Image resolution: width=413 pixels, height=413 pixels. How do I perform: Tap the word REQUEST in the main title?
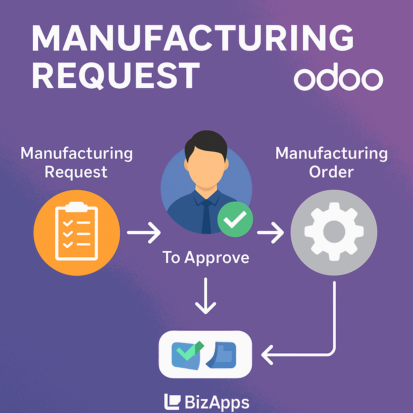pos(115,75)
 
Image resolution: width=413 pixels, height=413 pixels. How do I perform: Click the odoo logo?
pos(338,79)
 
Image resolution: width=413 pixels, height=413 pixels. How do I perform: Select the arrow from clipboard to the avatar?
pos(144,233)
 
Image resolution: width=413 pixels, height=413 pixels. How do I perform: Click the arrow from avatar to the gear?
pos(270,233)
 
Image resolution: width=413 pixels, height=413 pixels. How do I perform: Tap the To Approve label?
pos(206,257)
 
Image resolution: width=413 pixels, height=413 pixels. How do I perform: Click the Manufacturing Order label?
pos(332,163)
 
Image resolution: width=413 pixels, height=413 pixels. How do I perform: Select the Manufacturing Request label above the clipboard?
pos(77,163)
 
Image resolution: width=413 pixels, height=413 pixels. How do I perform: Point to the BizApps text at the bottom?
pos(217,402)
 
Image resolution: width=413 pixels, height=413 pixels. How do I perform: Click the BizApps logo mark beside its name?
pos(172,402)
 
